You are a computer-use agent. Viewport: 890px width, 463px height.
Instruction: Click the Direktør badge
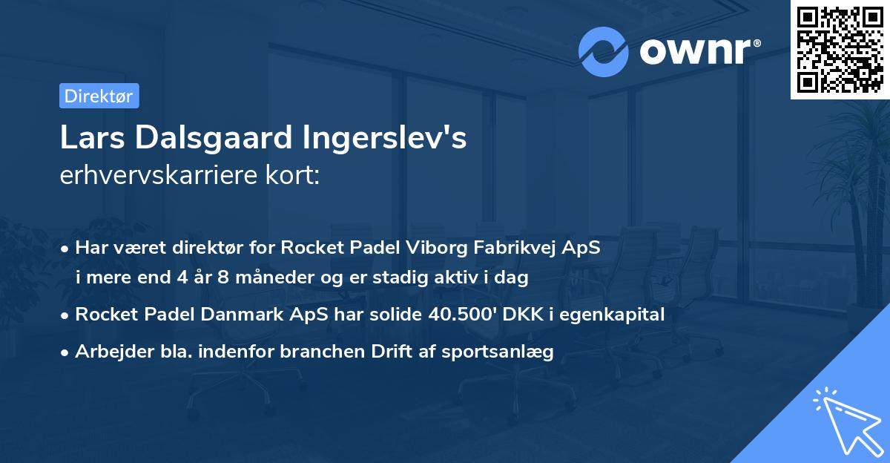tap(99, 96)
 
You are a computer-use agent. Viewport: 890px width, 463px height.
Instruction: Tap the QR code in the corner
tap(839, 49)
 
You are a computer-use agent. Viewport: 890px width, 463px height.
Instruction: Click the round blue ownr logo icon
tap(604, 51)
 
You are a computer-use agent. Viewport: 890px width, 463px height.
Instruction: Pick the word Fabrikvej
tap(510, 247)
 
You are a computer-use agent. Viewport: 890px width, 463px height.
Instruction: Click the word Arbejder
tap(110, 351)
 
